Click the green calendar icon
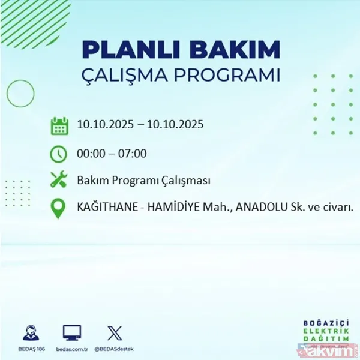pos(59,126)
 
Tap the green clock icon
pos(59,154)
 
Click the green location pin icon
pos(59,208)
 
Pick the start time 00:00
pos(91,154)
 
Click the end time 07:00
pos(132,154)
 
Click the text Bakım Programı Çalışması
pos(143,181)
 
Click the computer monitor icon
pos(71,332)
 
